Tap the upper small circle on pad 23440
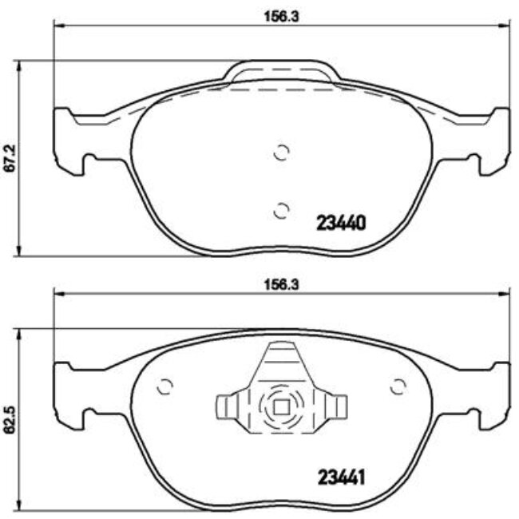point(280,153)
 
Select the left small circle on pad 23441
point(165,386)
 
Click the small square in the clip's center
point(281,406)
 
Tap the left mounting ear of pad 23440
point(70,140)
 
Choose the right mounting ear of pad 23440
point(490,140)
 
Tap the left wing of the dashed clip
point(230,407)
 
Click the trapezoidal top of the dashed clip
point(281,359)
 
